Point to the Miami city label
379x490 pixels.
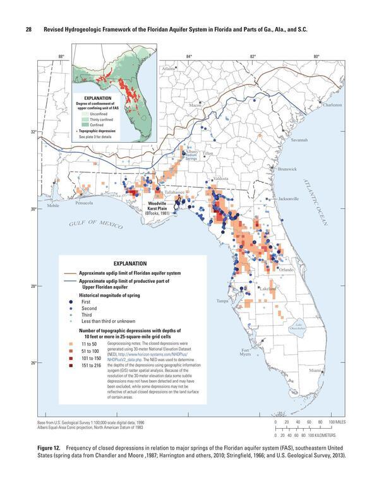[315, 371]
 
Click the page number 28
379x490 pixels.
[29, 31]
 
